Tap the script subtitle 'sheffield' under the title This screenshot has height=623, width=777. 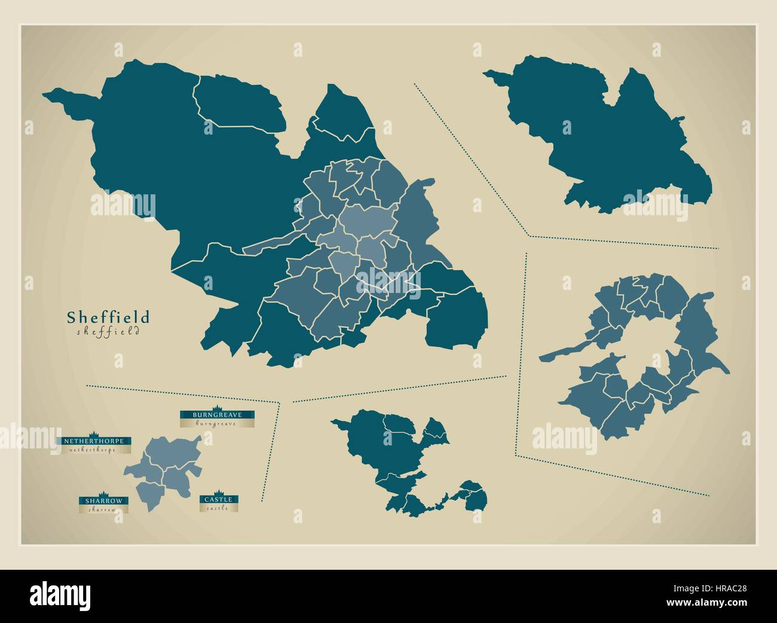click(108, 331)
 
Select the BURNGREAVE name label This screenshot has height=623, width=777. click(218, 414)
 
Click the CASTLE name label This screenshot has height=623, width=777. click(220, 499)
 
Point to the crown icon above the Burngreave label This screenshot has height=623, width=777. click(218, 408)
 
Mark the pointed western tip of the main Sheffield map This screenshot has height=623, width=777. click(48, 94)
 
